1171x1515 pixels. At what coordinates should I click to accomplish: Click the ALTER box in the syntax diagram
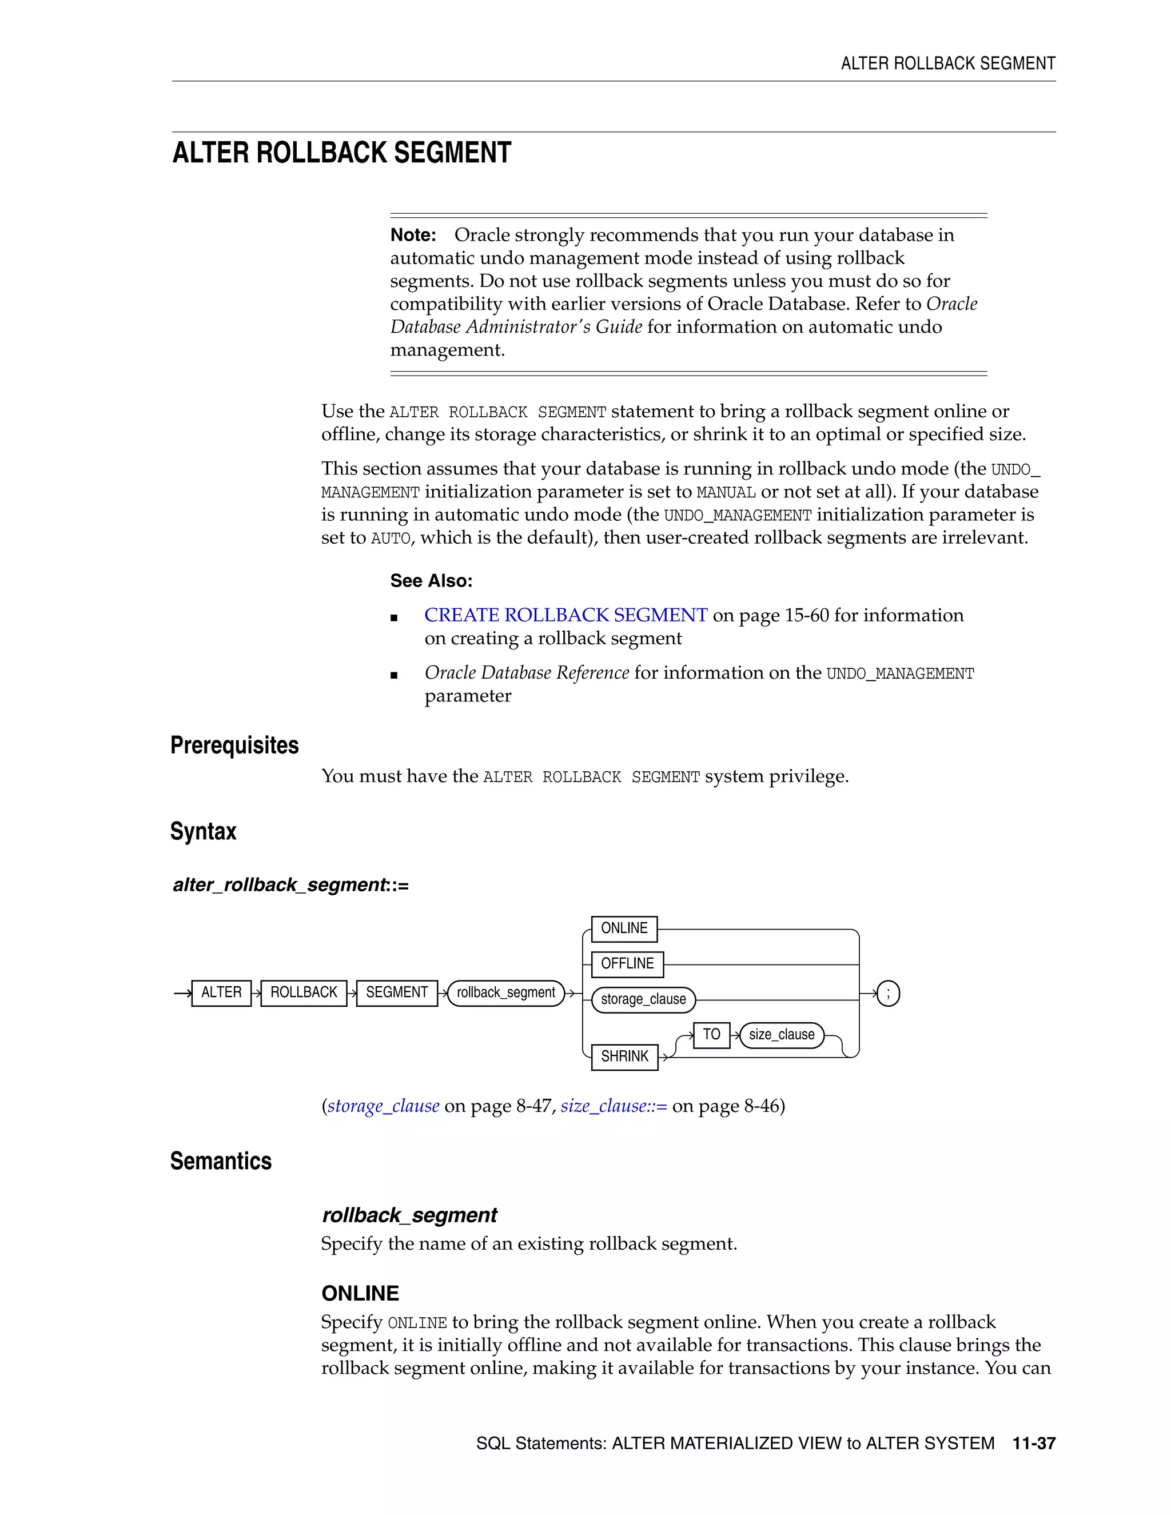coord(221,992)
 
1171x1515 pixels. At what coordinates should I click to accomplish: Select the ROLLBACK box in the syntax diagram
coord(303,992)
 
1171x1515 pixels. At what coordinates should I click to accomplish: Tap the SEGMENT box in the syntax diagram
coord(397,992)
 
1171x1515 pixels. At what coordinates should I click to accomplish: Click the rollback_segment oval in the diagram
coord(505,992)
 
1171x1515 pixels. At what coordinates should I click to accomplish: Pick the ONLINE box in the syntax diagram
coord(624,928)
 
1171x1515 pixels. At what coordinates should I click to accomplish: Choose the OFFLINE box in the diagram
coord(627,963)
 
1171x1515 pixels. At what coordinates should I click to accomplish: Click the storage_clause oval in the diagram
coord(643,999)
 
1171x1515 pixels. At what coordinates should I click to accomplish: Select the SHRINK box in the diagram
coord(624,1056)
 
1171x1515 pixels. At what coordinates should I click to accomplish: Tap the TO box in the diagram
coord(711,1034)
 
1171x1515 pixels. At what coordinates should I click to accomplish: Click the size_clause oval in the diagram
coord(781,1035)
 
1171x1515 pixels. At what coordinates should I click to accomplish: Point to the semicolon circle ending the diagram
coord(888,994)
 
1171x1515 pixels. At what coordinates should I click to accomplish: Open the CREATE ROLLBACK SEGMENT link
coord(565,615)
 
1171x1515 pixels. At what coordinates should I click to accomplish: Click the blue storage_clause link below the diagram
coord(383,1106)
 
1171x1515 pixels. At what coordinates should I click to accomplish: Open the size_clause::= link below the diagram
coord(614,1106)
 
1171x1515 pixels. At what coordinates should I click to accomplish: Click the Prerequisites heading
coord(234,745)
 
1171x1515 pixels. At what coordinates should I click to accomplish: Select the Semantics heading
coord(221,1161)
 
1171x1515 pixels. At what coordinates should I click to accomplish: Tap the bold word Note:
coord(413,235)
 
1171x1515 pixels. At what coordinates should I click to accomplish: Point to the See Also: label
coord(431,581)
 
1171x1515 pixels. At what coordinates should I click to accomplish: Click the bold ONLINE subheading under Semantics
coord(360,1293)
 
